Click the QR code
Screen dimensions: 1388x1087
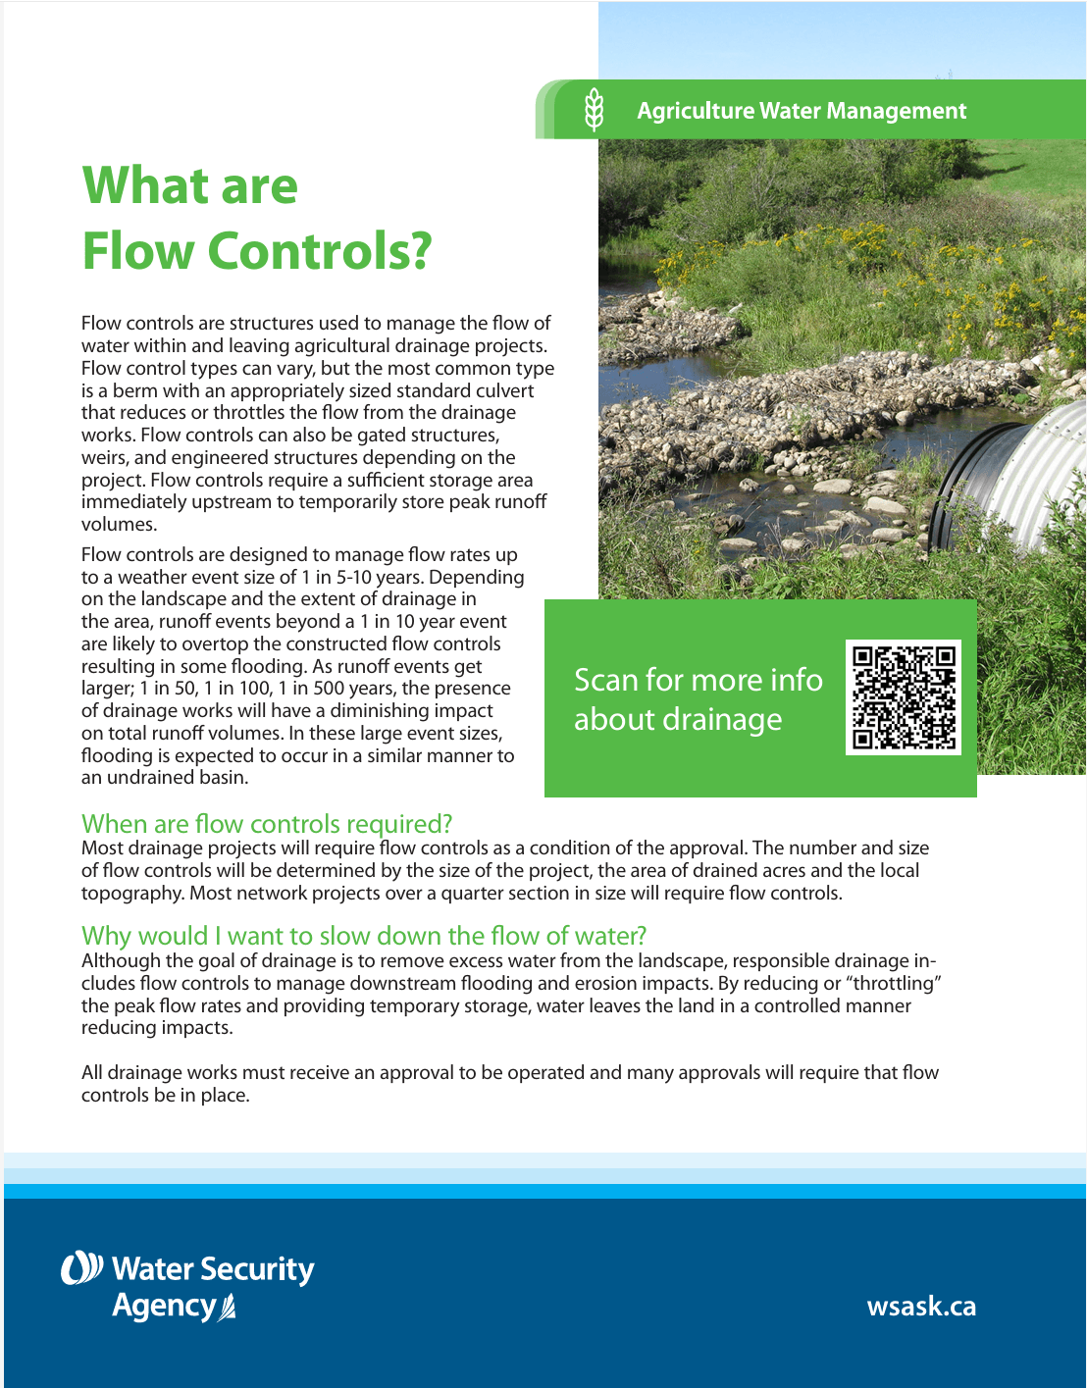point(904,697)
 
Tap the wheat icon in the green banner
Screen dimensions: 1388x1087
point(594,109)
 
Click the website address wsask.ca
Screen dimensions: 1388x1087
point(921,1306)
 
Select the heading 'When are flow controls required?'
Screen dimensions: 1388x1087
point(267,824)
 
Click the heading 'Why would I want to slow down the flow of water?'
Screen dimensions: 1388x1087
point(364,936)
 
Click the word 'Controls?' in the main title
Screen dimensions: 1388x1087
point(320,251)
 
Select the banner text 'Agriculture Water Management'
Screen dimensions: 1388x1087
point(802,111)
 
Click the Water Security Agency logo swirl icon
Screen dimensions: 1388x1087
point(81,1267)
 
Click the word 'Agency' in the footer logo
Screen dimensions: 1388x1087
point(164,1307)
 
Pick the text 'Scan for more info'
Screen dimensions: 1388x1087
point(698,680)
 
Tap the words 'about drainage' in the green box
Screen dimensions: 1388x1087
point(678,720)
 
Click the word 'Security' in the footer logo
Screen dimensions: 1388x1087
point(258,1269)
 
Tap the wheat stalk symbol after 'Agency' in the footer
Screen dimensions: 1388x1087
point(228,1308)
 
